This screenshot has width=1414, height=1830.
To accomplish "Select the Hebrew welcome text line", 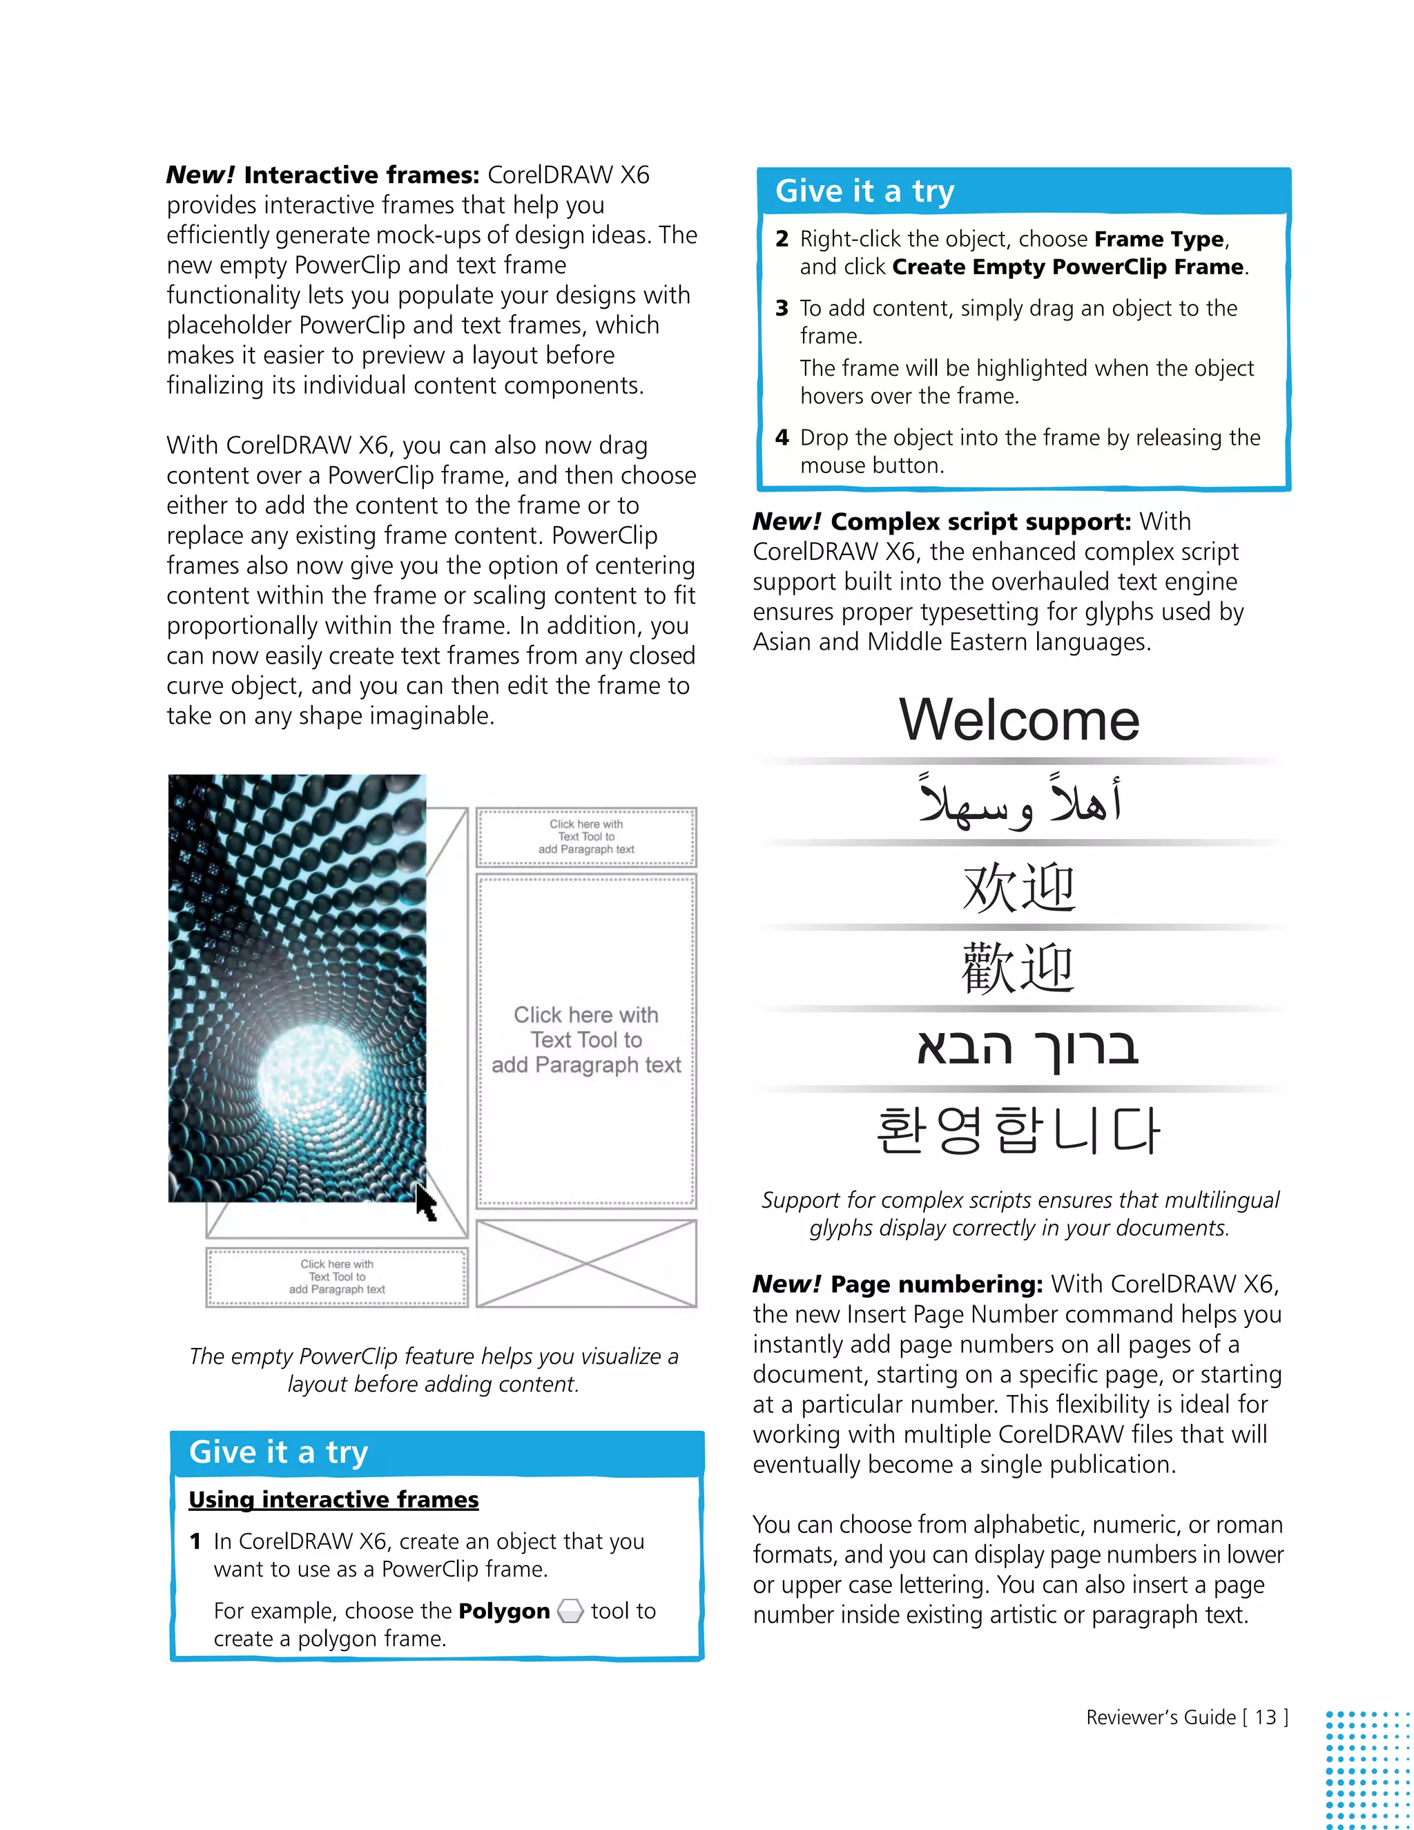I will [1027, 1048].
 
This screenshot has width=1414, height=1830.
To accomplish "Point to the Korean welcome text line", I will [1017, 1130].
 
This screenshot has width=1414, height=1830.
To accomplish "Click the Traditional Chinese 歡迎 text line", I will [1017, 967].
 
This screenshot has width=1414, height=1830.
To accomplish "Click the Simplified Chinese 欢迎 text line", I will [1018, 887].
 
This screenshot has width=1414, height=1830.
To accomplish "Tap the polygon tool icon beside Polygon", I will [570, 1610].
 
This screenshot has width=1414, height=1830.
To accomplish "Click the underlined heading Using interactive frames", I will [333, 1499].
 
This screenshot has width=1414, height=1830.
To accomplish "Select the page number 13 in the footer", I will [1265, 1717].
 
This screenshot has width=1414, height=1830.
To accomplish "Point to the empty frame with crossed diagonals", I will [585, 1263].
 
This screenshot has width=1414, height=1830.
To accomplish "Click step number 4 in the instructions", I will [782, 437].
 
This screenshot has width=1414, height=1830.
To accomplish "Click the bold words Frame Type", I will [1159, 240].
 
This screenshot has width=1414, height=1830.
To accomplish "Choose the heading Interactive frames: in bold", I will [361, 175].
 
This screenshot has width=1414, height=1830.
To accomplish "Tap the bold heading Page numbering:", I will [936, 1284].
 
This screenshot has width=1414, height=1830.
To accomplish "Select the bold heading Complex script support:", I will [980, 522].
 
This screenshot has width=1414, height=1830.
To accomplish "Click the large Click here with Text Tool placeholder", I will [585, 1040].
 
